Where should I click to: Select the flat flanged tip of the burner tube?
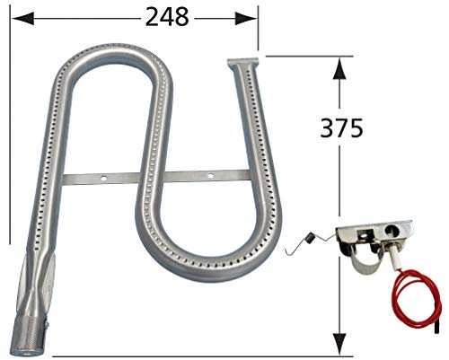tap(243, 65)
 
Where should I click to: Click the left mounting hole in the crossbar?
tap(104, 177)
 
